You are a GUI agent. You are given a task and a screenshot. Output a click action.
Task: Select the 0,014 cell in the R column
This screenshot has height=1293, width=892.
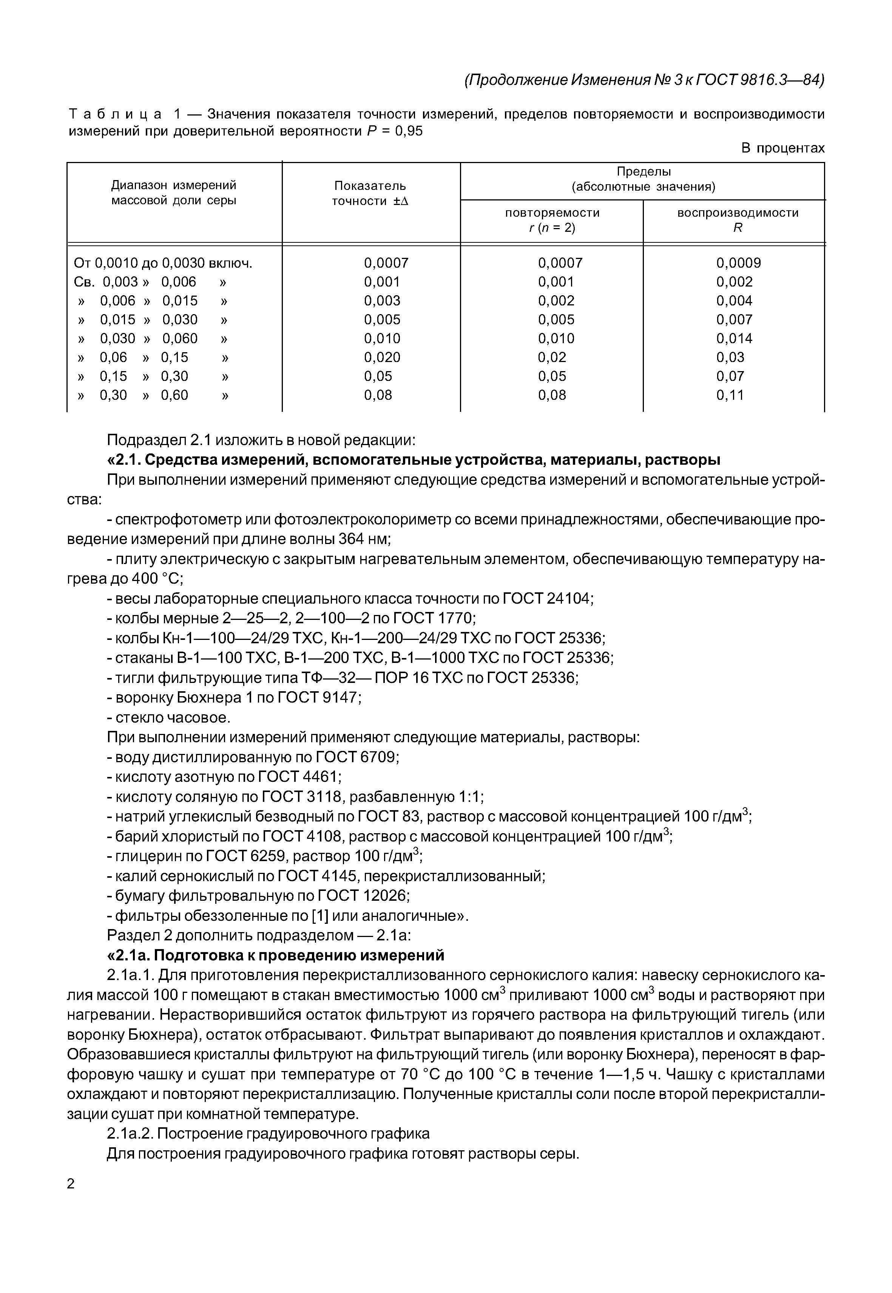click(x=735, y=338)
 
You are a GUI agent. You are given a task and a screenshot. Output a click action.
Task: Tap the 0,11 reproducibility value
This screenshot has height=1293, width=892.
click(x=730, y=395)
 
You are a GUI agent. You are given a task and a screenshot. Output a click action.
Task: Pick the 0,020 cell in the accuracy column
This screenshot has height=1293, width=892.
click(x=382, y=357)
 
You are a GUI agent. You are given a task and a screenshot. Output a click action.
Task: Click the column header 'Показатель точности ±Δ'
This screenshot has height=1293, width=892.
click(x=370, y=193)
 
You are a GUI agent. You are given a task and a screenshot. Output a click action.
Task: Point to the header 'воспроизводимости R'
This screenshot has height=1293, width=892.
click(x=738, y=220)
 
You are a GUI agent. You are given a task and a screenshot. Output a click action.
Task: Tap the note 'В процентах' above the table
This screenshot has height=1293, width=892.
click(x=782, y=148)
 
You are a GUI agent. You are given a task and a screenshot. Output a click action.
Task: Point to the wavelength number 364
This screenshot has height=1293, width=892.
click(x=352, y=539)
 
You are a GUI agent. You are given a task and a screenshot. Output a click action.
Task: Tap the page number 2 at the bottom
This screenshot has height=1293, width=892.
click(x=71, y=1184)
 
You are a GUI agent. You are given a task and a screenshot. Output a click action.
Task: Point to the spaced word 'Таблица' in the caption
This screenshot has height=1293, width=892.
click(x=116, y=114)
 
